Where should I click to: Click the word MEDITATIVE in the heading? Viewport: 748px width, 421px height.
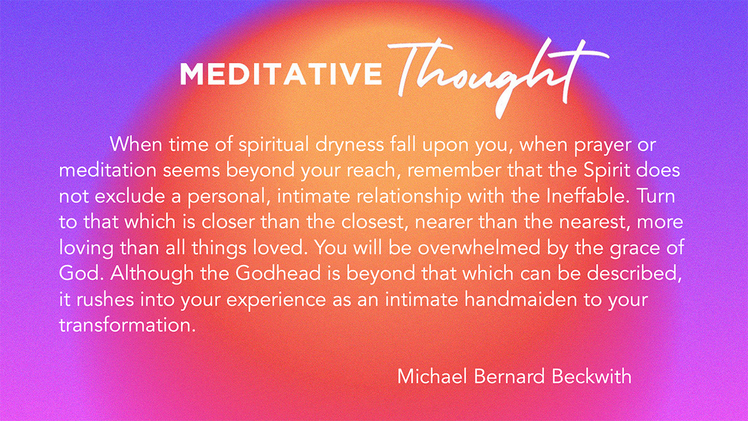281,74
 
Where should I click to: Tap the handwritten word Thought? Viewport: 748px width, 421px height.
497,78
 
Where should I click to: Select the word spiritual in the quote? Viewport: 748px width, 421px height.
273,145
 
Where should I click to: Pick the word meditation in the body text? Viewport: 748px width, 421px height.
108,170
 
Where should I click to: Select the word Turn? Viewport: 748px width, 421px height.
656,196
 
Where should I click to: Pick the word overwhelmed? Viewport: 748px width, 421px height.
479,248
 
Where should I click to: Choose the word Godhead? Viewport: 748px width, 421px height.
278,273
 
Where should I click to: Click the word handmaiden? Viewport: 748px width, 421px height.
521,299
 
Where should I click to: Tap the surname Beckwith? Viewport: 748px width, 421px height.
591,376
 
